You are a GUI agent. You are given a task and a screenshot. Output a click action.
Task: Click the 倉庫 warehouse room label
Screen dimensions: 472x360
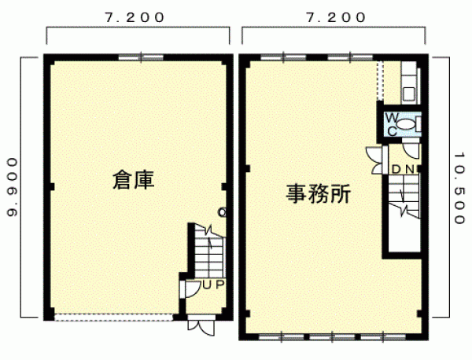point(134,180)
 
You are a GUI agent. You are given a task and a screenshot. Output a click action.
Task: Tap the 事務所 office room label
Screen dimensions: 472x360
point(318,194)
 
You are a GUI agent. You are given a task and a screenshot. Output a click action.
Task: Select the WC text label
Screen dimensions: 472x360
point(392,124)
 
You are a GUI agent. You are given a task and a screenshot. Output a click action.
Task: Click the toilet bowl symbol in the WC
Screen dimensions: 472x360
point(406,124)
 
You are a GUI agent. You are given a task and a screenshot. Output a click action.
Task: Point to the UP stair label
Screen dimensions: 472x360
point(213,285)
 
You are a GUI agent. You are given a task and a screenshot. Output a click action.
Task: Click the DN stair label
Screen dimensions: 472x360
point(404,170)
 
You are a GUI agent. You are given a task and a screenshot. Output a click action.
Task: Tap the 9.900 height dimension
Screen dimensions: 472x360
point(12,187)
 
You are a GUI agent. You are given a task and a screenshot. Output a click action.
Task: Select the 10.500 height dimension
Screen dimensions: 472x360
point(459,189)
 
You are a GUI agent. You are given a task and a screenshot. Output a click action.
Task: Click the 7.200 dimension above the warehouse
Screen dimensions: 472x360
point(135,18)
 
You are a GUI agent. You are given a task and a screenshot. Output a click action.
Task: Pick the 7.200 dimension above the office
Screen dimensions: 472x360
point(336,18)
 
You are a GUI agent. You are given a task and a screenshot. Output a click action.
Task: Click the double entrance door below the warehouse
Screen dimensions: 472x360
point(201,325)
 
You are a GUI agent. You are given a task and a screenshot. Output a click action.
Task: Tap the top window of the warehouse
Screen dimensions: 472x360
point(141,57)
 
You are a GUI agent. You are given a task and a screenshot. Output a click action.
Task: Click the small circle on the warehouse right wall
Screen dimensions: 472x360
point(222,213)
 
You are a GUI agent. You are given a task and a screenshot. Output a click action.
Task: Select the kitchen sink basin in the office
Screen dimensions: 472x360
point(409,94)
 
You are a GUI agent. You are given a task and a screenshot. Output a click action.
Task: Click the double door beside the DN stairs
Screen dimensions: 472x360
point(376,160)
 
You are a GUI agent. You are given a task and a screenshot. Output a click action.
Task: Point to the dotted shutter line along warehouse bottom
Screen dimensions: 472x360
point(114,317)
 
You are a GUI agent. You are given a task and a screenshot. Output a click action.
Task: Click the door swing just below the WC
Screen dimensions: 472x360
point(411,150)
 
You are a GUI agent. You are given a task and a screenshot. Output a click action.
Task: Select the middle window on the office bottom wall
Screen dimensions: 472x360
point(332,337)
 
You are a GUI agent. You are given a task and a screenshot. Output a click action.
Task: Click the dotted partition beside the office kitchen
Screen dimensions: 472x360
point(381,81)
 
